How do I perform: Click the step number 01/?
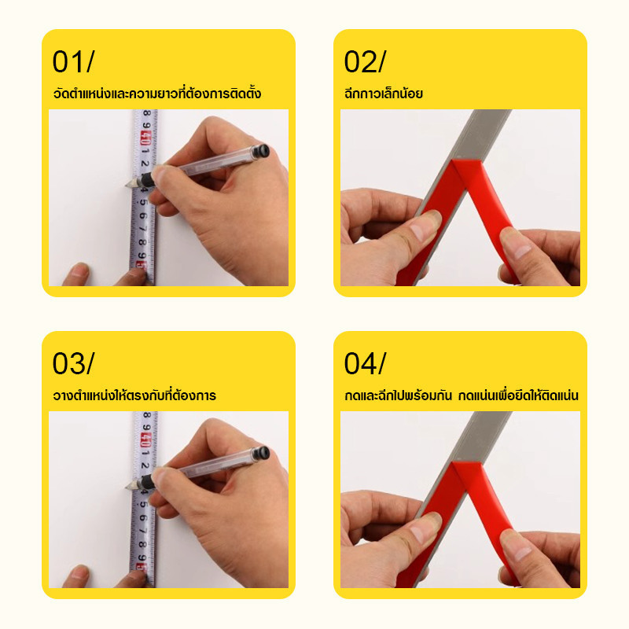[x=73, y=62]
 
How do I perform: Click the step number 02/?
[x=365, y=62]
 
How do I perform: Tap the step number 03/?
[x=73, y=363]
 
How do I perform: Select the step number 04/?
[x=365, y=363]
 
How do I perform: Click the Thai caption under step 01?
[x=156, y=93]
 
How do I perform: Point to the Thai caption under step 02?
[x=384, y=93]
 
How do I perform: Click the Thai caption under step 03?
[x=134, y=395]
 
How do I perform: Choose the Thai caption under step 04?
[x=462, y=395]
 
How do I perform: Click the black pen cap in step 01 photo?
[x=260, y=151]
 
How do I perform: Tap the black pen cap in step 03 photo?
[x=260, y=454]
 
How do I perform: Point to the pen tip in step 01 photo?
[x=127, y=185]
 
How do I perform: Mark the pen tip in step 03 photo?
[x=127, y=487]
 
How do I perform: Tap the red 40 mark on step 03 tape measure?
[x=145, y=440]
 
